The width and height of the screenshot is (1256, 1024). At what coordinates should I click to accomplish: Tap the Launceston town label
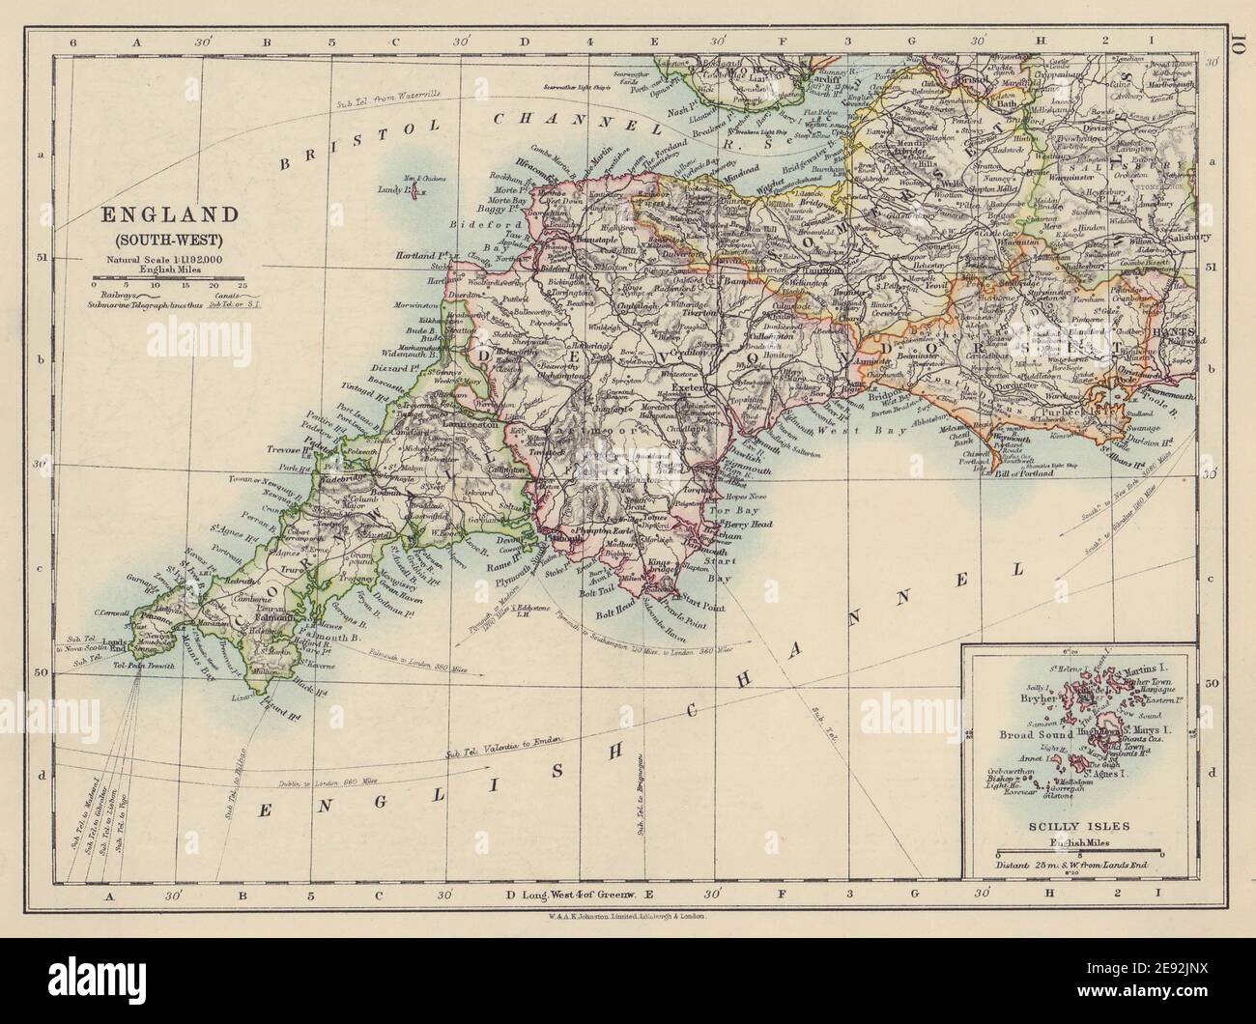coord(470,422)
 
